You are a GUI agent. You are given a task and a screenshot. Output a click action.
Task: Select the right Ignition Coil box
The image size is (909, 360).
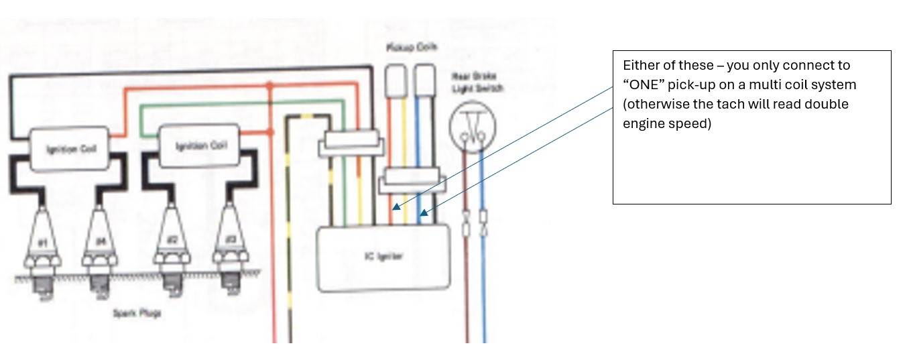(200, 145)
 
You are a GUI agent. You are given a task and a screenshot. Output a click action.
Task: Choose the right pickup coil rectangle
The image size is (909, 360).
(424, 81)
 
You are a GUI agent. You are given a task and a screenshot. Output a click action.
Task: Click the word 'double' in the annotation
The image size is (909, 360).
(844, 105)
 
